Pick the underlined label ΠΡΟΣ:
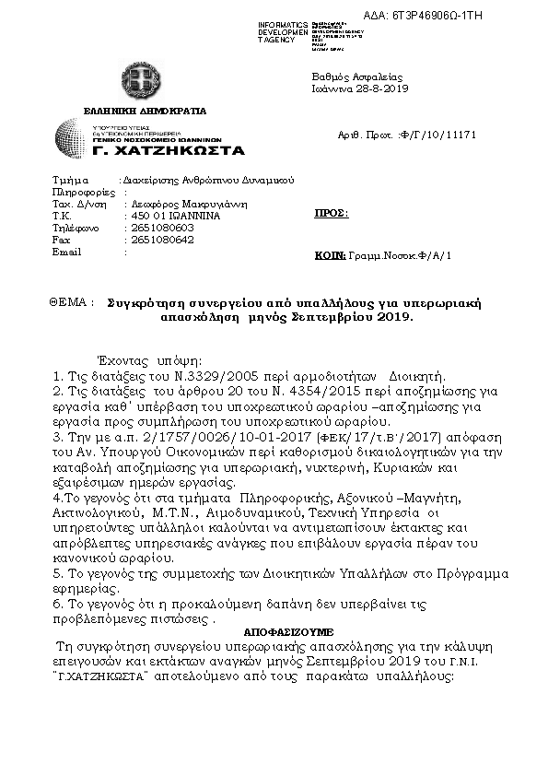(x=332, y=213)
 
